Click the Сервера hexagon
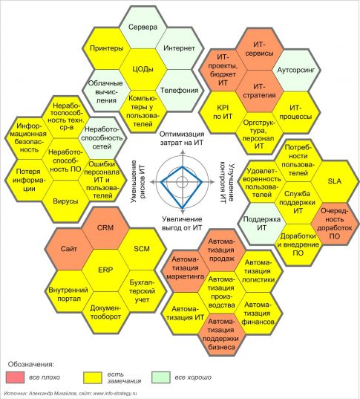click(x=143, y=27)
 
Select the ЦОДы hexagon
click(x=143, y=69)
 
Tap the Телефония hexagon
click(x=180, y=91)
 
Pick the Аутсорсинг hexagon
click(x=296, y=70)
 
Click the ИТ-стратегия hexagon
click(x=259, y=91)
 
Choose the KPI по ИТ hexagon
click(x=223, y=112)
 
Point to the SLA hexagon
click(x=335, y=181)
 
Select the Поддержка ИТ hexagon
click(x=262, y=224)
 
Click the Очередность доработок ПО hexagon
click(x=335, y=224)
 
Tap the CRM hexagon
click(x=105, y=228)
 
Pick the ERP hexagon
click(x=105, y=270)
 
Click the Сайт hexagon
click(x=68, y=249)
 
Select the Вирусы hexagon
click(x=65, y=201)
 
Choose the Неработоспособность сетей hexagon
click(x=102, y=138)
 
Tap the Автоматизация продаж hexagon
click(x=221, y=250)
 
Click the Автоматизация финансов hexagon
click(x=258, y=314)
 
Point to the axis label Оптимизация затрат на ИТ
click(x=182, y=138)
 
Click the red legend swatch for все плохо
click(x=16, y=377)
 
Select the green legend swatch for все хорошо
click(x=160, y=377)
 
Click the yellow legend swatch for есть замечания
click(x=93, y=377)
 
